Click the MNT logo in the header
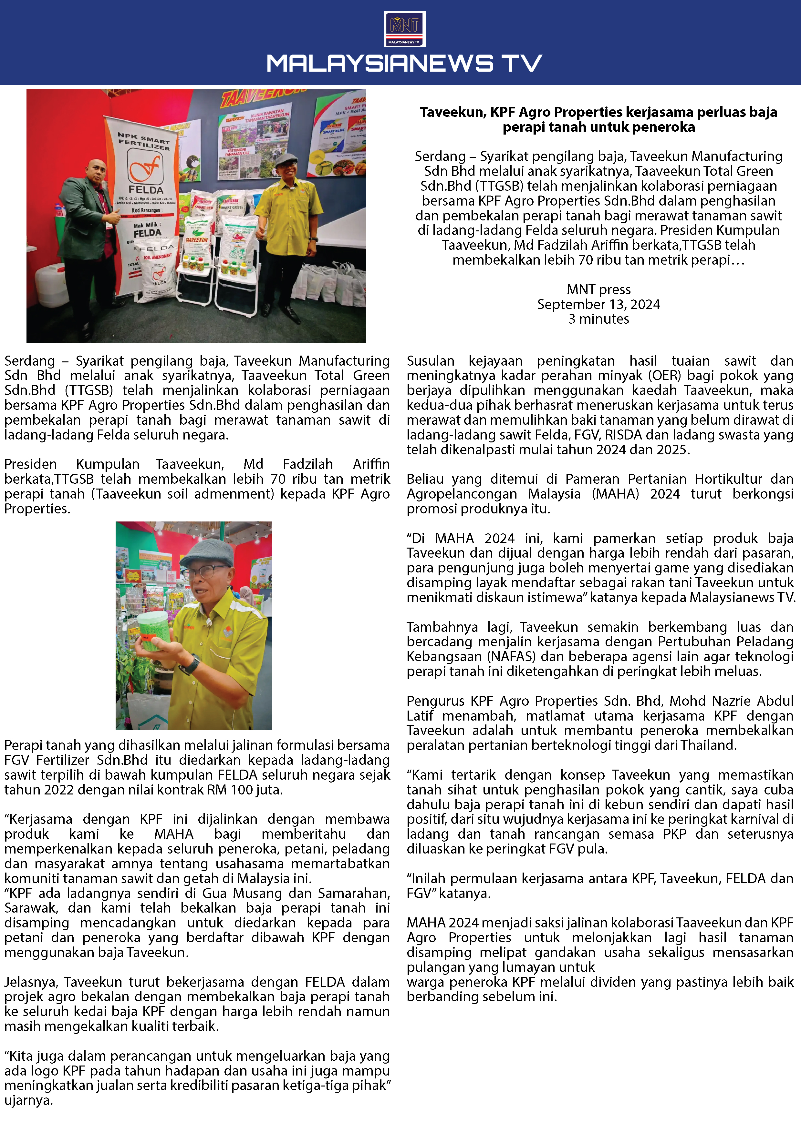(x=404, y=29)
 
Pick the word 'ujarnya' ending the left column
(x=28, y=1100)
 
